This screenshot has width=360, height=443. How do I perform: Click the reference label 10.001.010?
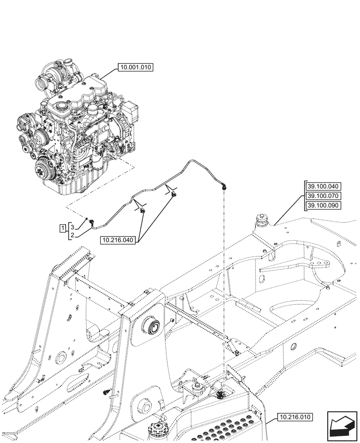[x=134, y=68]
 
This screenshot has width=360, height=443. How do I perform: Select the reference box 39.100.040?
[x=322, y=186]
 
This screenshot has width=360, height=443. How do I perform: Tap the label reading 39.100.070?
[x=322, y=196]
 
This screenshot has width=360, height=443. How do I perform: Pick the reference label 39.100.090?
[x=322, y=206]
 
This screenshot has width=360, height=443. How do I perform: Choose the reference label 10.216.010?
[x=295, y=417]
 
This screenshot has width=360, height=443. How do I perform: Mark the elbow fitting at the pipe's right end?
[x=224, y=188]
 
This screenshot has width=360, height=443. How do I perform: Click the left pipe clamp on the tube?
[x=142, y=210]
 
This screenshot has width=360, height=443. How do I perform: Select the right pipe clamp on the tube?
[x=174, y=195]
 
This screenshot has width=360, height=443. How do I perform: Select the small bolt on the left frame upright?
[x=106, y=392]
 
